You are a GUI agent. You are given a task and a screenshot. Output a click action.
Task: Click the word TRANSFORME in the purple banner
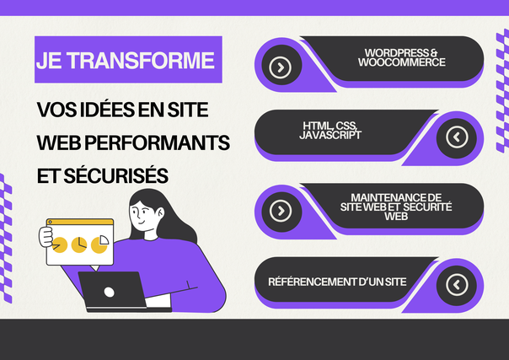pyautogui.click(x=141, y=61)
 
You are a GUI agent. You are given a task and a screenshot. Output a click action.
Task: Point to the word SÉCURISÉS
pyautogui.click(x=116, y=175)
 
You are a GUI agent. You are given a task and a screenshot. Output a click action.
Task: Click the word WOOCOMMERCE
pyautogui.click(x=401, y=62)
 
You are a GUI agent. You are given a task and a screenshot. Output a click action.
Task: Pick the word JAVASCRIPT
pyautogui.click(x=330, y=135)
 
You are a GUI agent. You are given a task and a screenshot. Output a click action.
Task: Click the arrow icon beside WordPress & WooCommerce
pyautogui.click(x=280, y=67)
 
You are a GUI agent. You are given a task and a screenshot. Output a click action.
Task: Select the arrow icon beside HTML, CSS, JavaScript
pyautogui.click(x=457, y=137)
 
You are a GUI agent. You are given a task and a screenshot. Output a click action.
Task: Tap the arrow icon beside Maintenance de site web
pyautogui.click(x=281, y=211)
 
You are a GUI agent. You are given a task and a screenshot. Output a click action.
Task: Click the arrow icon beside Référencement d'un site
pyautogui.click(x=457, y=285)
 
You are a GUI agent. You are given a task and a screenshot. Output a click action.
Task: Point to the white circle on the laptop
pyautogui.click(x=109, y=293)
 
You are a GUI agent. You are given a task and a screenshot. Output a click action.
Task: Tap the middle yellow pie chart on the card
pyautogui.click(x=79, y=244)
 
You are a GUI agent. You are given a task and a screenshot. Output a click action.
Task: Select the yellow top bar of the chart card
pyautogui.click(x=80, y=222)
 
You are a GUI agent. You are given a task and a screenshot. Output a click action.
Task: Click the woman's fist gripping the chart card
pyautogui.click(x=46, y=237)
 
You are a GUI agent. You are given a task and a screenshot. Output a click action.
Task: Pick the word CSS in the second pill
pyautogui.click(x=346, y=126)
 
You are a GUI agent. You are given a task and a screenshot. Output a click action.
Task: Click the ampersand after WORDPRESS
pyautogui.click(x=434, y=53)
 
